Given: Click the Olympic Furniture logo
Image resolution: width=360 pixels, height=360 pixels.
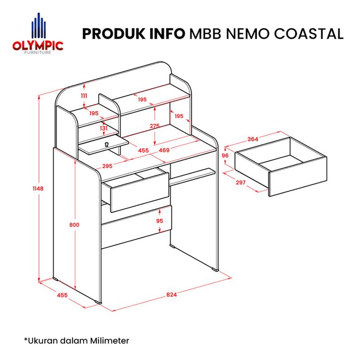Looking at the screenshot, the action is coord(38,34).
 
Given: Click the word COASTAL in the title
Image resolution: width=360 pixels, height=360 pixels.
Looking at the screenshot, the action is coord(308,34).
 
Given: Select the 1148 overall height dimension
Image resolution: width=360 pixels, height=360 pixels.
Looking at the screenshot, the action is coord(38,188).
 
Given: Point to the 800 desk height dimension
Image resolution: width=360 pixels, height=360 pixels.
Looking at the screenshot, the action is coord(74,225).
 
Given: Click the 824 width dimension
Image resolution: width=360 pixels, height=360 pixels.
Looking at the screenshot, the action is coord(172,295).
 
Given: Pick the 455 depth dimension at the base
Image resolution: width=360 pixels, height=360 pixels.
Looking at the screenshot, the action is coord(62,295).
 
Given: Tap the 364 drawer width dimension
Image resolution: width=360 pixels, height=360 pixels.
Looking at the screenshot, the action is coord(252,139).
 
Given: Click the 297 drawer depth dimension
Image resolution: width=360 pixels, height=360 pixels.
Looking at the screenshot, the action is coord(240,182).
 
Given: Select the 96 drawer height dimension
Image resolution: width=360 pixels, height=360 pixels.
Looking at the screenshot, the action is coord(225,155).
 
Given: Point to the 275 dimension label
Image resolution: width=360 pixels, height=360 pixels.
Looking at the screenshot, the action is coord(155,126).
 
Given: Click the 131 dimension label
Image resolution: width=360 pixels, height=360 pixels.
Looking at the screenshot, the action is coord(104,128).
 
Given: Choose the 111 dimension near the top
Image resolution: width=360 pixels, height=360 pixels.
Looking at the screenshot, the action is coord(84,96).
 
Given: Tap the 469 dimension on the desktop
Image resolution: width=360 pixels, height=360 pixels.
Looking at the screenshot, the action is coord(164,150).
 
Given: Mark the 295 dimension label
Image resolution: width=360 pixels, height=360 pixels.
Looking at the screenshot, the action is coord(107,166).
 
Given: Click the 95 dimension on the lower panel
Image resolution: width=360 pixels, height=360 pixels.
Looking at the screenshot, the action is coord(160,221).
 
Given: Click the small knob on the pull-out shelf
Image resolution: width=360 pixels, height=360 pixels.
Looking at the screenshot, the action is coord(106,144).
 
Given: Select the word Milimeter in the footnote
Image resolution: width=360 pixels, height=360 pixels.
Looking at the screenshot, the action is coord(109,341).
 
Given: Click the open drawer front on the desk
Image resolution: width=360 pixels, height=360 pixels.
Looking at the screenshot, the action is coord(140,192).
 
